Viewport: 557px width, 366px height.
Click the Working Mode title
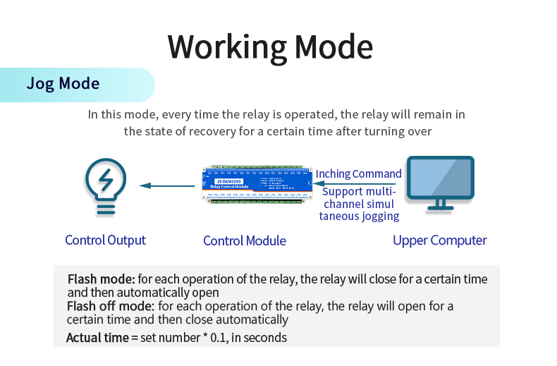270,47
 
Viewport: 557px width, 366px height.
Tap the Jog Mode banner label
63,84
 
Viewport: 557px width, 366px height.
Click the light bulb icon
106,186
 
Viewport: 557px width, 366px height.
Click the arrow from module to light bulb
167,186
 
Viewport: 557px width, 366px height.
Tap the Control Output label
105,240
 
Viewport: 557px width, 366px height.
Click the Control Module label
245,241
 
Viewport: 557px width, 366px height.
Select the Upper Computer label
440,240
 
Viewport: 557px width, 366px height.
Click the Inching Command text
358,173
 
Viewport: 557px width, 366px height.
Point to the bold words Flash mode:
101,279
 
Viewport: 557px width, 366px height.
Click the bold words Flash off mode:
111,306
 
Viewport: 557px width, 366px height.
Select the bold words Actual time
97,337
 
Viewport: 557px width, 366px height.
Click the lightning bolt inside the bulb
106,181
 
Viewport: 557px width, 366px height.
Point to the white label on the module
226,182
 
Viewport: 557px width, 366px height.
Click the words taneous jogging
359,216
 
